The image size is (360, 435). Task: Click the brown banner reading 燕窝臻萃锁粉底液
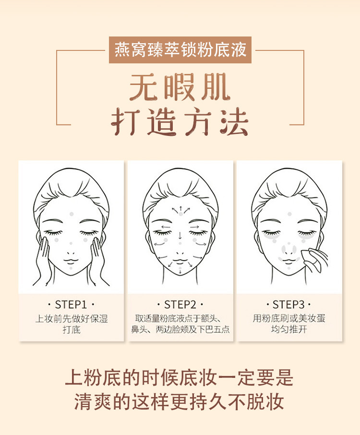pos(180,49)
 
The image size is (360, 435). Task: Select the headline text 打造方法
pos(180,123)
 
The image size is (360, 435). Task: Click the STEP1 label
pos(71,304)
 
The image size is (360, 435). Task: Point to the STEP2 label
pos(180,304)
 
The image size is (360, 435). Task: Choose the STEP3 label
pos(289,304)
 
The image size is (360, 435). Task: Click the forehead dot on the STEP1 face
pos(72,214)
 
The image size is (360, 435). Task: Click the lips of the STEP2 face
pos(180,262)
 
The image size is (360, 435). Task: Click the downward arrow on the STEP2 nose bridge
pos(180,235)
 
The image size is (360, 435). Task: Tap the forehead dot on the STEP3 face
pos(289,214)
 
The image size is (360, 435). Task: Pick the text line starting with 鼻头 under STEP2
pos(180,330)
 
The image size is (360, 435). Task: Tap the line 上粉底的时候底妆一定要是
pos(180,378)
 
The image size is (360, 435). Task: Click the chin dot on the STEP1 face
pos(71,268)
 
